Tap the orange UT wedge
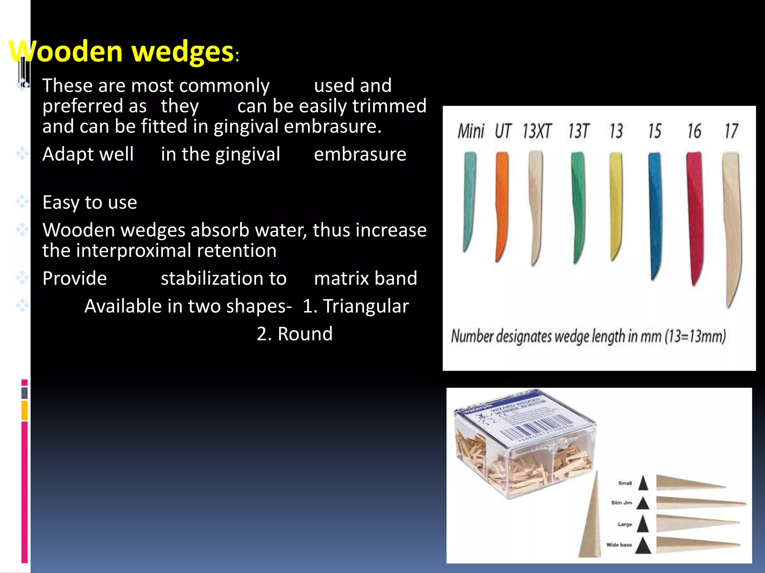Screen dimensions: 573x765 tap(501, 205)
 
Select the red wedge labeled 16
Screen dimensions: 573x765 tap(695, 216)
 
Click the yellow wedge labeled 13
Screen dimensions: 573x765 tap(616, 205)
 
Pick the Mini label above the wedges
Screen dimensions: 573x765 tap(471, 131)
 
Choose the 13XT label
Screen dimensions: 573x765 tap(537, 131)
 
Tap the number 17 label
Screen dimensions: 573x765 tap(731, 131)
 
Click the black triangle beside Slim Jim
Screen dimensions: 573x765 tap(643, 503)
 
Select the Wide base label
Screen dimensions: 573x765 tap(619, 545)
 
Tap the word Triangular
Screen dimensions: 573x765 tap(366, 306)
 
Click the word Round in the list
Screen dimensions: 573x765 tap(305, 334)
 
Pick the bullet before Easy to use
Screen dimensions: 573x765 tap(22, 202)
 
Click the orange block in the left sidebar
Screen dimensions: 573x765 tap(25, 410)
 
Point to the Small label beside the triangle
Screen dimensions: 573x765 tap(625, 483)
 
